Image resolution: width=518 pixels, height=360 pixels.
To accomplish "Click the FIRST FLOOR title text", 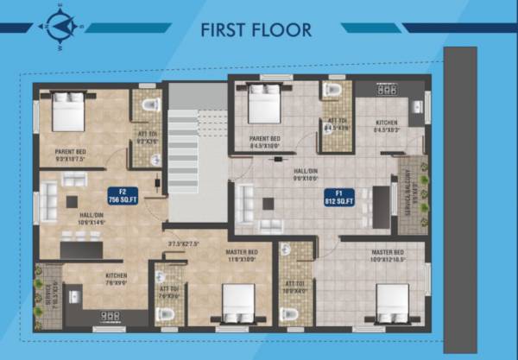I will point(256,29).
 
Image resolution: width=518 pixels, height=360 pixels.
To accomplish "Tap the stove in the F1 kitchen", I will point(385,89).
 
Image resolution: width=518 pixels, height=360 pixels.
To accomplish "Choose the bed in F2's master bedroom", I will point(237,303).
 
